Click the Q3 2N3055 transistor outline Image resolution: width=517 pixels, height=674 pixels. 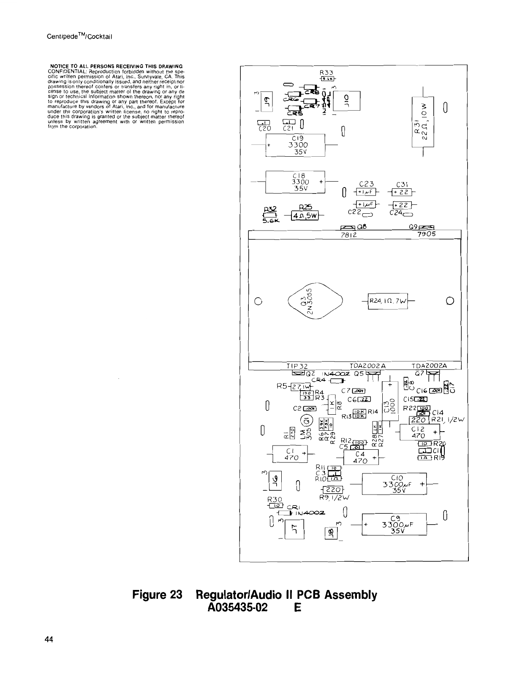click(315, 301)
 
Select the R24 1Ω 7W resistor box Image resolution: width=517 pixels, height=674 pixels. click(388, 301)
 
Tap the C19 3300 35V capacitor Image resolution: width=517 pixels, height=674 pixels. click(295, 145)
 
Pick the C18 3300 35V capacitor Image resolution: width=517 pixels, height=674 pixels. click(295, 182)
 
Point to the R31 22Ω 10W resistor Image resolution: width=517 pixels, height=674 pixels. click(422, 122)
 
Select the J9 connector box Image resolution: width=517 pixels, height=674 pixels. click(267, 101)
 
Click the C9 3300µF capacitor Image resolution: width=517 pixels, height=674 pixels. click(395, 524)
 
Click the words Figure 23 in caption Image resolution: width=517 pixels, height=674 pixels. click(157, 595)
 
